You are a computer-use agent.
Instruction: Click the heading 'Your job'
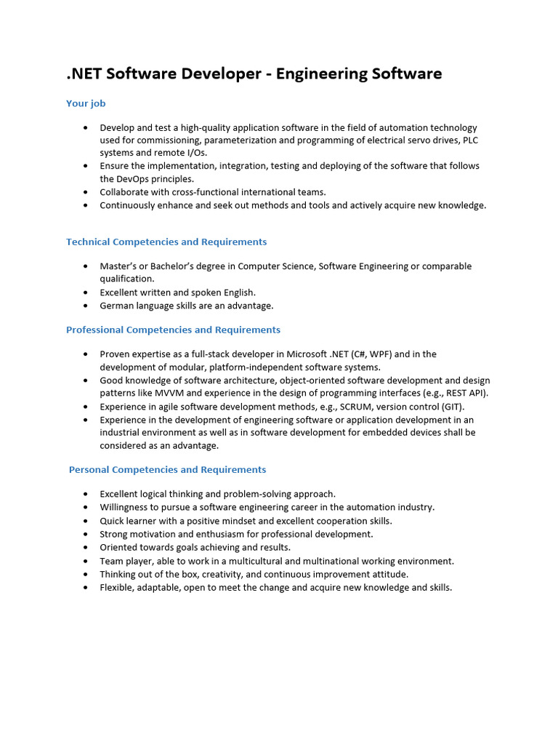coord(86,103)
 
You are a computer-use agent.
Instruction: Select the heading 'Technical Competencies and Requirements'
coord(166,242)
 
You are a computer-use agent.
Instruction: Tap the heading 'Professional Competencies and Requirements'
coord(173,330)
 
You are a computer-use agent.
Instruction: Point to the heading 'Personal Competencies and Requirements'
coord(167,469)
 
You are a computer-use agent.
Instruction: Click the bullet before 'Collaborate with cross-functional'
coord(85,192)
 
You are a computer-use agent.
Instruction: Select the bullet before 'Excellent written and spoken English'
coord(85,292)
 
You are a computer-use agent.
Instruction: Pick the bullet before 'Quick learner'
coord(85,521)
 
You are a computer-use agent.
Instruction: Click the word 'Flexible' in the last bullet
coord(118,587)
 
